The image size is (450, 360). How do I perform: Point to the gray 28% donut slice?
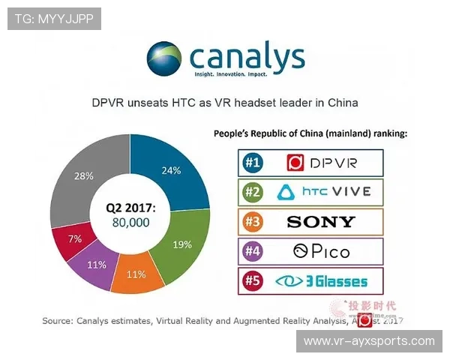pyautogui.click(x=83, y=176)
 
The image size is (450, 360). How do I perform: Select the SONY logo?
pyautogui.click(x=321, y=221)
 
